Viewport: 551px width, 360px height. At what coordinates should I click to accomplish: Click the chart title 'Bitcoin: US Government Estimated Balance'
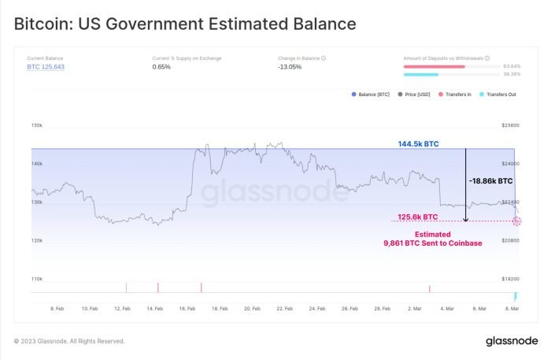pos(185,24)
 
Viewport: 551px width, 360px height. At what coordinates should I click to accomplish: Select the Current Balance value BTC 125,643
pos(46,67)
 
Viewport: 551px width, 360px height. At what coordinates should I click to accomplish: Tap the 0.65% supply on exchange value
pos(161,67)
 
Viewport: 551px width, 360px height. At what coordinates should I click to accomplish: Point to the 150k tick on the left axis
pos(36,125)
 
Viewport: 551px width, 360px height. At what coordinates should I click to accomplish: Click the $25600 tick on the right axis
pos(511,125)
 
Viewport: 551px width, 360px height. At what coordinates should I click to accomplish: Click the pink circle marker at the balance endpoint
pos(516,221)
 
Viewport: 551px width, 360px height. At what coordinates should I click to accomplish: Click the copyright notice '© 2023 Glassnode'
pos(69,341)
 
